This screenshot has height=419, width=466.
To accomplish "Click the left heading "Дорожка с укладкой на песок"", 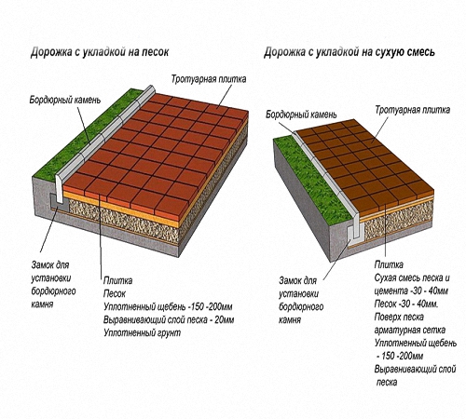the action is (100, 52).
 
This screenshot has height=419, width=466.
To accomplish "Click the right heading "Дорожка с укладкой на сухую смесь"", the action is (349, 52).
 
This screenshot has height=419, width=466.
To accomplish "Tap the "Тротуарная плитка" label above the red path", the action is (209, 79).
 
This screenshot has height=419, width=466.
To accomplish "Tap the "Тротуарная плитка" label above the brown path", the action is (412, 110).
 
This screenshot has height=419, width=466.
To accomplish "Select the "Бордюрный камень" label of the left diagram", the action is (65, 100).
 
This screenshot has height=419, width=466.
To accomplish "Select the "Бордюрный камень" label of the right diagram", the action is (301, 115).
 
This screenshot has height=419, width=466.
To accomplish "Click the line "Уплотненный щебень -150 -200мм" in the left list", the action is (168, 307).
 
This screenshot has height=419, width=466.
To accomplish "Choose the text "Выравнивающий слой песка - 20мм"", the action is (169, 320).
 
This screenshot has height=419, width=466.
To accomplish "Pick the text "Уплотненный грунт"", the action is (142, 333).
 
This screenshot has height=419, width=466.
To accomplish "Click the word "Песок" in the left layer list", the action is (115, 293).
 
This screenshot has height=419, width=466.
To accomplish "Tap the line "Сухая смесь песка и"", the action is (412, 277).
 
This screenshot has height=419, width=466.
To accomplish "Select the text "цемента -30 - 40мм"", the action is (411, 291).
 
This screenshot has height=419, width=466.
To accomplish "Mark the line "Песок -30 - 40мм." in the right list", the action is (406, 304).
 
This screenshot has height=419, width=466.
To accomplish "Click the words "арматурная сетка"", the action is (410, 331).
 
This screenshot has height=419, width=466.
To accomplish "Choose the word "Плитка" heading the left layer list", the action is (117, 280).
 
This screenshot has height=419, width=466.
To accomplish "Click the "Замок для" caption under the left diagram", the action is (50, 265).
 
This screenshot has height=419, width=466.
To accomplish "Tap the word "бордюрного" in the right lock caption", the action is (301, 307).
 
